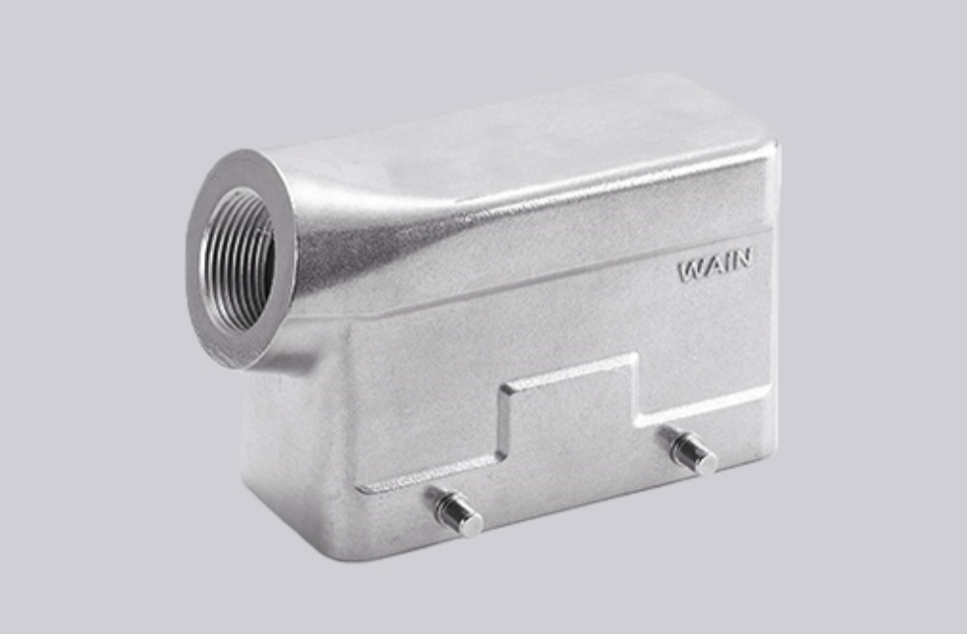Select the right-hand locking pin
pos(693,451)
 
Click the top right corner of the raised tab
pos(635,358)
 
